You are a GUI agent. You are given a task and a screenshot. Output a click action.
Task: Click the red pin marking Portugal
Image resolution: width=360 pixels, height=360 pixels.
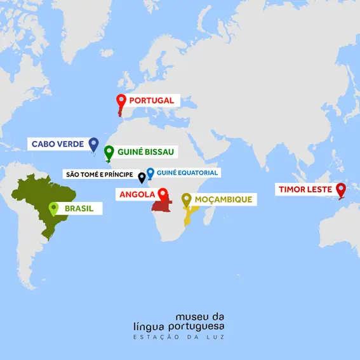pyautogui.click(x=121, y=100)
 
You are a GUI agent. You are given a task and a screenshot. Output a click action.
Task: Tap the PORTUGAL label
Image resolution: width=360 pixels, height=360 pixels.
pyautogui.click(x=151, y=100)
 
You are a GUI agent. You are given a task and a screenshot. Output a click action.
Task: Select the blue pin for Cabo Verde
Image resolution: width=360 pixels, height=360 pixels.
pyautogui.click(x=93, y=144)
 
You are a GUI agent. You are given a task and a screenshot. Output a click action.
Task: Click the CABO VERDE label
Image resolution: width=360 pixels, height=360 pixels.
pyautogui.click(x=58, y=144)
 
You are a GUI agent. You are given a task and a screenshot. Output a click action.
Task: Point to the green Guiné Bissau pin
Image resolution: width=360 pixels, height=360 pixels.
pyautogui.click(x=109, y=152)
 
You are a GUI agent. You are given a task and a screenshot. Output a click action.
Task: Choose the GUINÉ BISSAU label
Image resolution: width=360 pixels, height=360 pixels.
pyautogui.click(x=145, y=152)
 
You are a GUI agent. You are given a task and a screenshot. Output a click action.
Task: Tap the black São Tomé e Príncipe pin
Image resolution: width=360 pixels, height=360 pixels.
pyautogui.click(x=142, y=177)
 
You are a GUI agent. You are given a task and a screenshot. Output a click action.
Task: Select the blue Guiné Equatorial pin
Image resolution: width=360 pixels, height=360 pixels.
pyautogui.click(x=150, y=173)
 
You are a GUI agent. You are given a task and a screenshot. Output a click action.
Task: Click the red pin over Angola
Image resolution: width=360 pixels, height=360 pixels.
pyautogui.click(x=163, y=194)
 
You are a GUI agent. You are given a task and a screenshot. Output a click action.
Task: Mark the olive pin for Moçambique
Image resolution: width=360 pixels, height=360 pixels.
pyautogui.click(x=187, y=200)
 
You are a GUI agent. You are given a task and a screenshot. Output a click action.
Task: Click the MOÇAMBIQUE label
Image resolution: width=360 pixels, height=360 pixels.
pyautogui.click(x=223, y=199)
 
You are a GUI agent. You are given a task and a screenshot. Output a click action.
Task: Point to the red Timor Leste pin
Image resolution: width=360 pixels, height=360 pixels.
pyautogui.click(x=340, y=189)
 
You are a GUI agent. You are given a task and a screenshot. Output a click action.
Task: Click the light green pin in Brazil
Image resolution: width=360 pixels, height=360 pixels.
pyautogui.click(x=53, y=208)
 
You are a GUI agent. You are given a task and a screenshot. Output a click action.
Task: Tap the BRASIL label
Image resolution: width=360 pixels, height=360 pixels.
pyautogui.click(x=79, y=208)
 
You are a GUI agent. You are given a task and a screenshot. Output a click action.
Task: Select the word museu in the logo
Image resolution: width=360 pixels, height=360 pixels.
pyautogui.click(x=190, y=316)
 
